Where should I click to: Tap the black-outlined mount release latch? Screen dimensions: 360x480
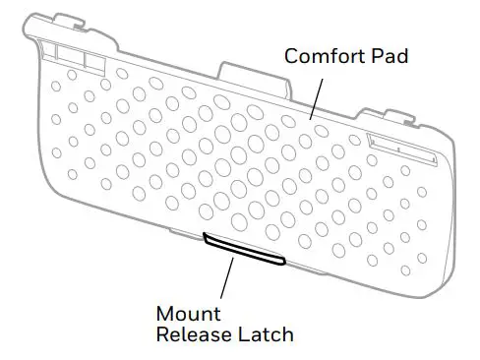(x=244, y=248)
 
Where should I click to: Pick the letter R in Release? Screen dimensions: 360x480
(x=163, y=335)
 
